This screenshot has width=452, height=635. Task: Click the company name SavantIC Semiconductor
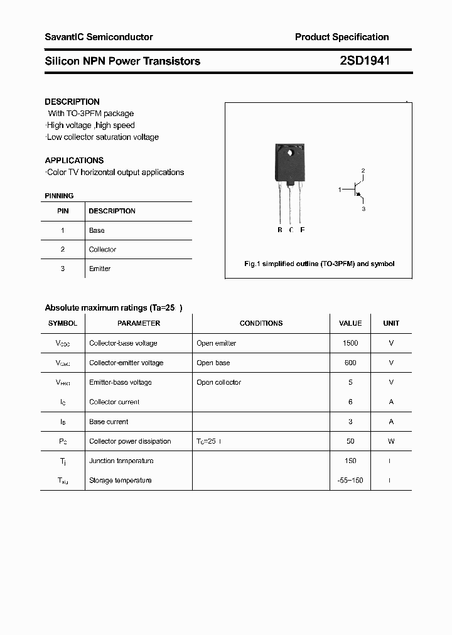(x=99, y=37)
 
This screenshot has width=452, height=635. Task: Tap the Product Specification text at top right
(x=342, y=37)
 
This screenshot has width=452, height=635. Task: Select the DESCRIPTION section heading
(x=72, y=102)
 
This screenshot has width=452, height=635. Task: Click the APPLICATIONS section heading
(x=74, y=161)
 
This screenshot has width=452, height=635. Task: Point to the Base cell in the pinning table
(x=97, y=230)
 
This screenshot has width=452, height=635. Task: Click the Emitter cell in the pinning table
(x=99, y=269)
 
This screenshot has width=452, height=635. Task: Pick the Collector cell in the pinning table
(x=102, y=250)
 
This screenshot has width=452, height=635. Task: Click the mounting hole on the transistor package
(x=290, y=152)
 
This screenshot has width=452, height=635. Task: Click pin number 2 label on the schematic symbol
(x=363, y=171)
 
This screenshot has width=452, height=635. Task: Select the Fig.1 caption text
(x=319, y=264)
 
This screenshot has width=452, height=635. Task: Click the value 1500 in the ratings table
(x=350, y=343)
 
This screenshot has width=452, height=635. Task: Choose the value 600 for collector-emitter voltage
(x=350, y=363)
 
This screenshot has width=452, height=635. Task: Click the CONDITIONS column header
(x=261, y=323)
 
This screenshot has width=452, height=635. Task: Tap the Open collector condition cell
(x=218, y=382)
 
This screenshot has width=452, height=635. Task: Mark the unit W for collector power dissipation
(x=391, y=441)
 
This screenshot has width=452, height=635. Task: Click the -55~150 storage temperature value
(x=350, y=480)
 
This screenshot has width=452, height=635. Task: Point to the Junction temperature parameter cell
(x=121, y=461)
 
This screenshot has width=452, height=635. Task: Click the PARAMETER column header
(x=139, y=323)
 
